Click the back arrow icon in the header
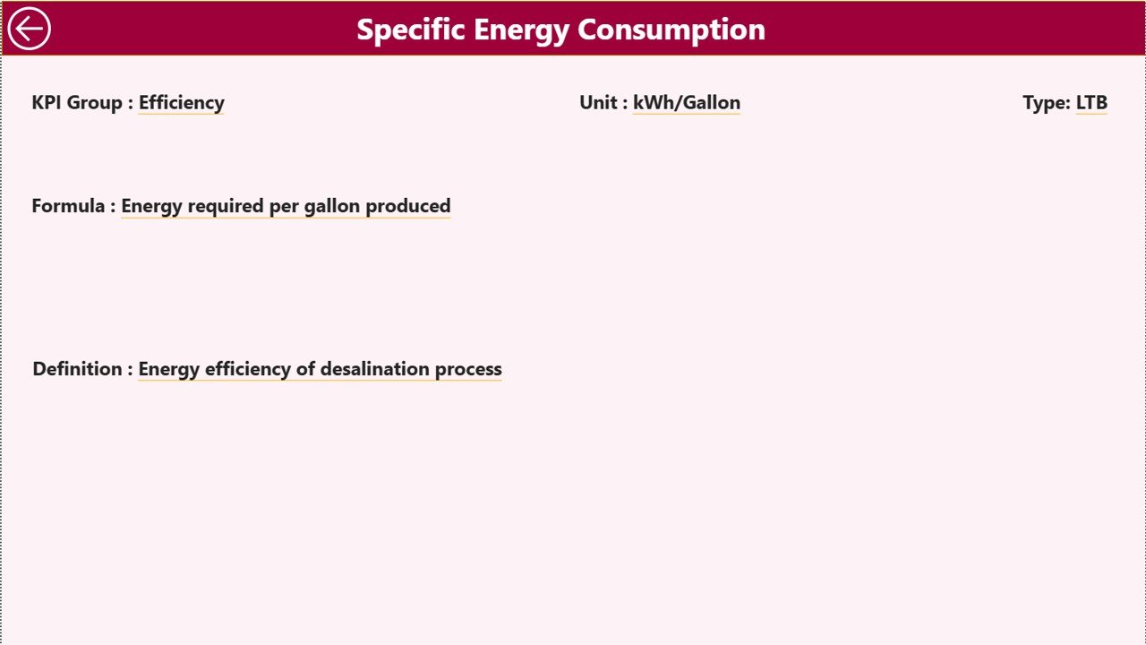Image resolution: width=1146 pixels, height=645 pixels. click(x=29, y=29)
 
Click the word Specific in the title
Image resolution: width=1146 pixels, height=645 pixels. click(x=411, y=30)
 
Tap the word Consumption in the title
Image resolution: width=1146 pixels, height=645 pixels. click(x=671, y=30)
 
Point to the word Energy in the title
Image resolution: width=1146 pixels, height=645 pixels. click(x=521, y=30)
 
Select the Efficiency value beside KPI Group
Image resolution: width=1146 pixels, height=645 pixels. click(x=182, y=103)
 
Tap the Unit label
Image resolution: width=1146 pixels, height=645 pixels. click(x=599, y=103)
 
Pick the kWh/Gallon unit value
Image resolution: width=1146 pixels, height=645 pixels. click(x=687, y=103)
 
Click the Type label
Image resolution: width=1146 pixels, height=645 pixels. click(x=1046, y=103)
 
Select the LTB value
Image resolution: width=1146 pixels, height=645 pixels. click(x=1091, y=103)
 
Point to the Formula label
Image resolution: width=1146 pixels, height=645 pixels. click(x=68, y=206)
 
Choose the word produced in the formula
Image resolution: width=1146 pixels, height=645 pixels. click(x=408, y=206)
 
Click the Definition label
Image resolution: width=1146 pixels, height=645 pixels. click(x=77, y=369)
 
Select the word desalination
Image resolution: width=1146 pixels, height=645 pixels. click(x=374, y=369)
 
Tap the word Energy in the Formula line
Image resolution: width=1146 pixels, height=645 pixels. click(x=151, y=206)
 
